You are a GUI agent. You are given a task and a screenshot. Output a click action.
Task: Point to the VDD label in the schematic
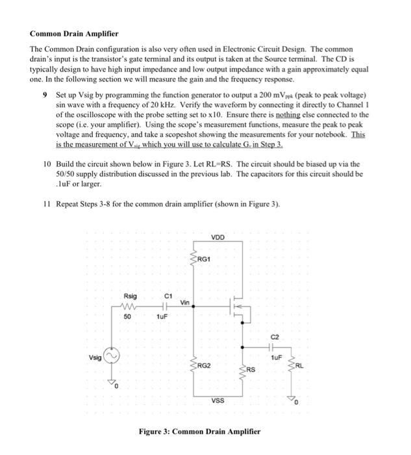click(218, 237)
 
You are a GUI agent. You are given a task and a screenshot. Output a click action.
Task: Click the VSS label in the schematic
click(218, 401)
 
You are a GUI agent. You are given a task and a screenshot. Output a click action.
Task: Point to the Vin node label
click(185, 302)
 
